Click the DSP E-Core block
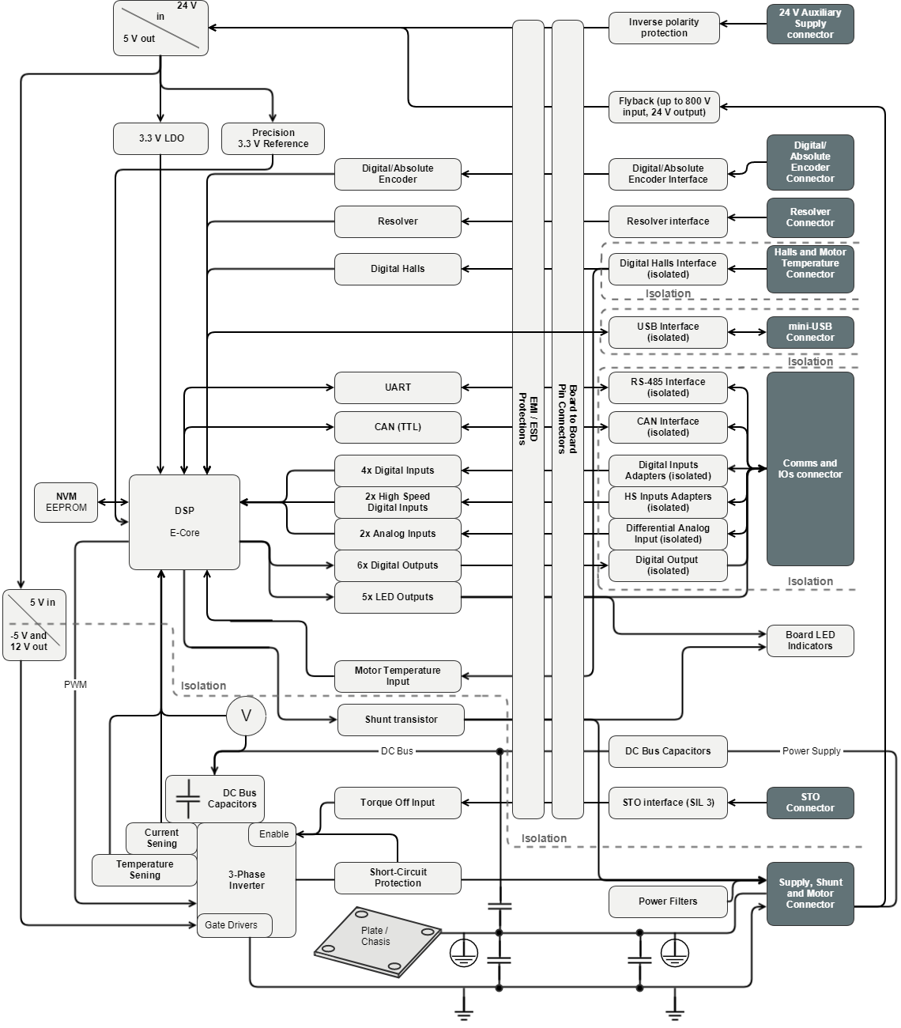pyautogui.click(x=184, y=521)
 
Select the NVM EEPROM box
pyautogui.click(x=66, y=502)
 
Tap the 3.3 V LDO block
pyautogui.click(x=161, y=138)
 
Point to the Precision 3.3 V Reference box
pyautogui.click(x=273, y=138)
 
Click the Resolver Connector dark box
pyautogui.click(x=810, y=217)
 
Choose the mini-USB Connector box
pyautogui.click(x=810, y=332)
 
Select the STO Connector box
pyautogui.click(x=810, y=803)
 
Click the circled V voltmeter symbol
pyautogui.click(x=246, y=716)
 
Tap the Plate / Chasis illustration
pyautogui.click(x=377, y=941)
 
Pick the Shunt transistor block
pyautogui.click(x=401, y=720)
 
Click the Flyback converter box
pyautogui.click(x=664, y=107)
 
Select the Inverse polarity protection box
pyautogui.click(x=664, y=28)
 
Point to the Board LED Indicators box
pyautogui.click(x=810, y=641)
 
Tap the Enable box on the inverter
pyautogui.click(x=273, y=834)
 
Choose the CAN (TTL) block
pyautogui.click(x=398, y=427)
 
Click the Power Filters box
pyautogui.click(x=668, y=901)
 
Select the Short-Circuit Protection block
pyautogui.click(x=398, y=878)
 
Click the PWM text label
pyautogui.click(x=76, y=685)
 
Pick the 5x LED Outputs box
pyautogui.click(x=398, y=597)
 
